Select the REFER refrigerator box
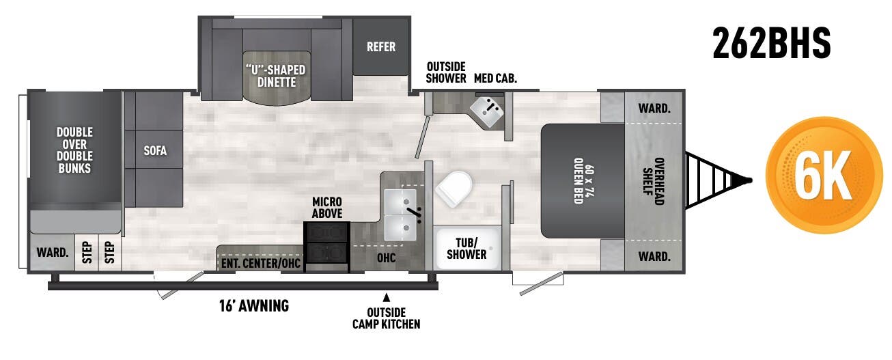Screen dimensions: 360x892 [x=380, y=46]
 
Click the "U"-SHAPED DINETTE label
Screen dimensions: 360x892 [x=275, y=76]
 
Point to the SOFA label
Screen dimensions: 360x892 [x=154, y=150]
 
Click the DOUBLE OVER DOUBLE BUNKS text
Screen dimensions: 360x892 [x=74, y=150]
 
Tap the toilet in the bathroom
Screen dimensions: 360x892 [x=454, y=186]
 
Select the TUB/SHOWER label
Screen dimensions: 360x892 [x=466, y=248]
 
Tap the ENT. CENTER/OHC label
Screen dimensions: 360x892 [x=261, y=264]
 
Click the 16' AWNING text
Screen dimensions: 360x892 [x=249, y=306]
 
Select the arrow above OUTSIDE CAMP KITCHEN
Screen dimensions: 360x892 [x=386, y=297]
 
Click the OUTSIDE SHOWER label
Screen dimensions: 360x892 [x=446, y=72]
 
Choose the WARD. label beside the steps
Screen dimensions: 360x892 [x=52, y=252]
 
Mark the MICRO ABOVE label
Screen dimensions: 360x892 [x=326, y=208]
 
